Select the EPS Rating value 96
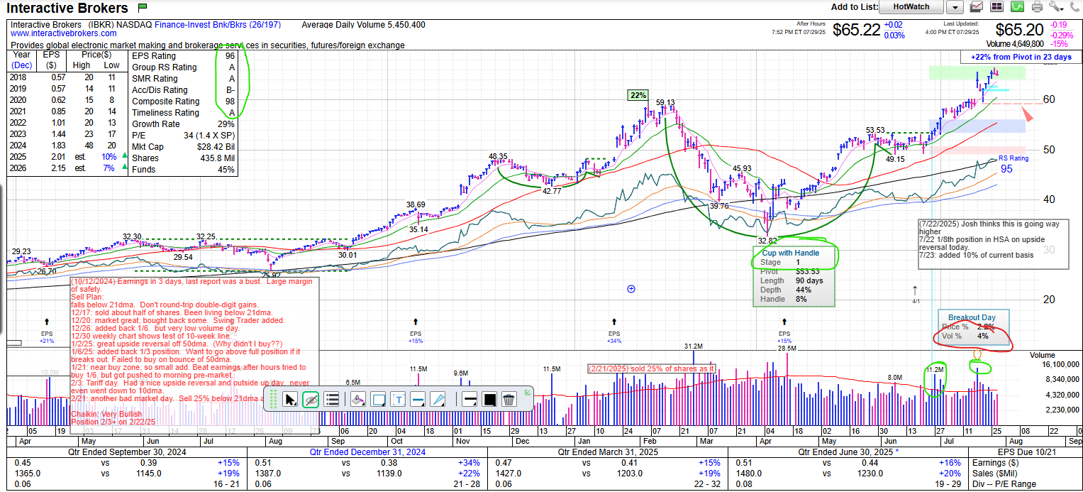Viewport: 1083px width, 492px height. click(230, 56)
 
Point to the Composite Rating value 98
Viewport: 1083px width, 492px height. click(230, 102)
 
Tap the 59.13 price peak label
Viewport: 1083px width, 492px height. click(665, 102)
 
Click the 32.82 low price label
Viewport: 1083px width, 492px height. click(768, 241)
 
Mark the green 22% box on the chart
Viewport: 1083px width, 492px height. click(637, 95)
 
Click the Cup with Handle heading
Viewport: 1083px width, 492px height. click(791, 253)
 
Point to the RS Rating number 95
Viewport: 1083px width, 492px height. click(1006, 169)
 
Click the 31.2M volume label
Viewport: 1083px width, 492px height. click(694, 346)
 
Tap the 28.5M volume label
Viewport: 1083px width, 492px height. click(787, 348)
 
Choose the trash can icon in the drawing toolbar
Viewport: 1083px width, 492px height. click(509, 399)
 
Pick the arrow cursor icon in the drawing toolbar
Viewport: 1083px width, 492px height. click(290, 399)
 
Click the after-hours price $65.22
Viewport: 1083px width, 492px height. click(856, 30)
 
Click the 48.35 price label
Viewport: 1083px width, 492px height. click(498, 156)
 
